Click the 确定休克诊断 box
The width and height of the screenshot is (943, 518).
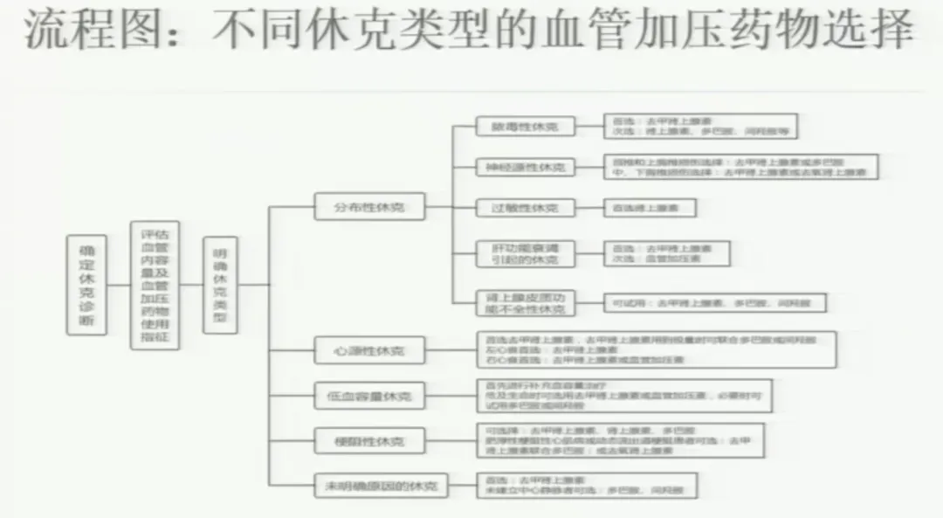86,284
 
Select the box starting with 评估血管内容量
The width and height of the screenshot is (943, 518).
155,285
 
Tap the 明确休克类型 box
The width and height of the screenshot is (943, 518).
220,285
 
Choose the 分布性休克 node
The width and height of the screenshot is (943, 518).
368,207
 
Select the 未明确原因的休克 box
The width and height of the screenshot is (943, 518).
381,484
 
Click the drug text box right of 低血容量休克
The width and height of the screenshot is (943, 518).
623,396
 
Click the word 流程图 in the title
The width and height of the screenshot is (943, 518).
70,33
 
